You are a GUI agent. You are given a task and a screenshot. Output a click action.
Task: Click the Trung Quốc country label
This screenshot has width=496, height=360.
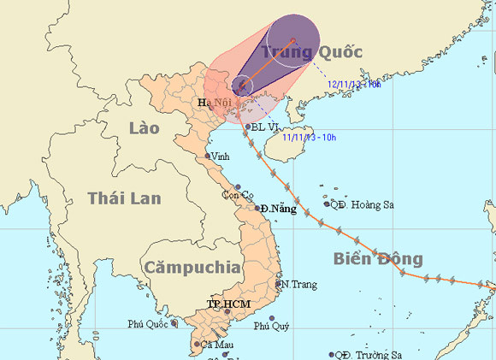pos(312,53)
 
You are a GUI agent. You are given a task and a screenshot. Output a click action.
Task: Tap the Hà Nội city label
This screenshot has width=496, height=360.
pos(216,103)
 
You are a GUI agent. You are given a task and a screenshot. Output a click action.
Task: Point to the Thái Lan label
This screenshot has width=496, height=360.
pos(124,198)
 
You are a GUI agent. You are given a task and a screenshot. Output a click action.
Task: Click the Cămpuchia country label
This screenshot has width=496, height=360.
pos(192,267)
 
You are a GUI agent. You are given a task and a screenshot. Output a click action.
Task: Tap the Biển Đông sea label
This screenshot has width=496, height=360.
pos(378,258)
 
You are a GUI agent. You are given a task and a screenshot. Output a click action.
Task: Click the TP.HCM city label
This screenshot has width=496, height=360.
pos(227,304)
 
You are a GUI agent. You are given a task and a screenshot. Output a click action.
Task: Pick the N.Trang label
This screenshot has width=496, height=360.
pos(298,284)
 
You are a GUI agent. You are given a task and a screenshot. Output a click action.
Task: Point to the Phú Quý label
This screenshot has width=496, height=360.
pos(271,326)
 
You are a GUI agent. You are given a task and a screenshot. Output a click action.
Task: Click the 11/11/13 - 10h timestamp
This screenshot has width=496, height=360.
pos(310,136)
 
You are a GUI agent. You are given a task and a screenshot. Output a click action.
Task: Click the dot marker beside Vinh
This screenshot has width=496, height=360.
pos(208,156)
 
